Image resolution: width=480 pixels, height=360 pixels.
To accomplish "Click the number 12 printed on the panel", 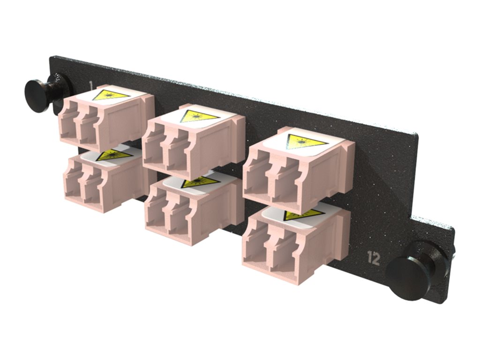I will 374,258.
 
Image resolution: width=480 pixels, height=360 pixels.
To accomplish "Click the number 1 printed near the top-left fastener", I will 90,85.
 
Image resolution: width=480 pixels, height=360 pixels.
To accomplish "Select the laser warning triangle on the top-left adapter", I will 111,96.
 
